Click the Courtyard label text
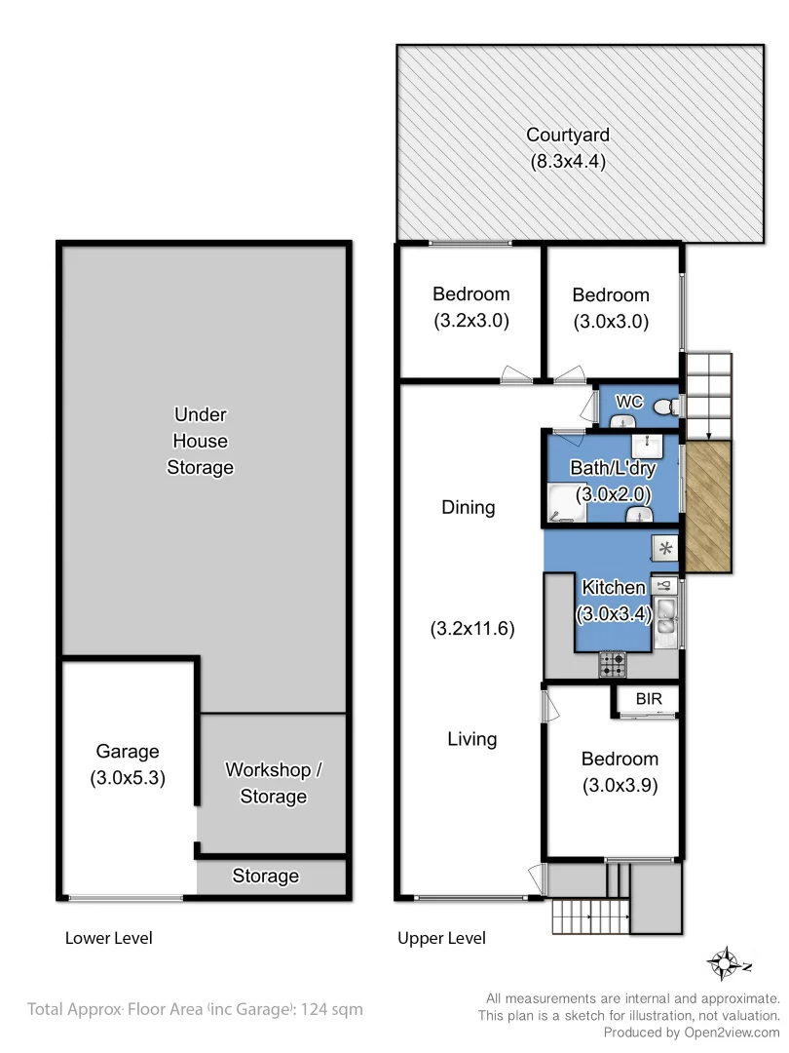click(567, 135)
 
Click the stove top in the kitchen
click(613, 665)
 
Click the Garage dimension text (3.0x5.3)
click(128, 778)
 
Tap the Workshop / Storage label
click(273, 783)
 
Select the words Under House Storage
click(200, 441)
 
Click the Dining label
click(469, 507)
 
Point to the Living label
click(472, 739)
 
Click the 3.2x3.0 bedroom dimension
click(471, 320)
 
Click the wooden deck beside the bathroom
click(708, 507)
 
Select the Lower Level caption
click(109, 938)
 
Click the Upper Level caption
click(441, 938)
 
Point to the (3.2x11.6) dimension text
click(472, 629)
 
